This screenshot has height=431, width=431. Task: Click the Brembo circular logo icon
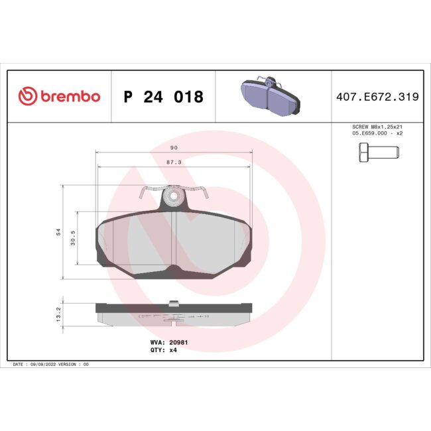(x=27, y=97)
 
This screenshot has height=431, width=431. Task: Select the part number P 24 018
(x=163, y=97)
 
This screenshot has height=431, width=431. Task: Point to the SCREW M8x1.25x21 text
(x=377, y=126)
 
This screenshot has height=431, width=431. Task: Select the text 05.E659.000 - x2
(x=377, y=133)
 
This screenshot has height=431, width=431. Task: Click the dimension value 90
(x=174, y=148)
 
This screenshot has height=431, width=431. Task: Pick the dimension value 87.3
(x=174, y=161)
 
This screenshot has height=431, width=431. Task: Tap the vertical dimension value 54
(x=58, y=232)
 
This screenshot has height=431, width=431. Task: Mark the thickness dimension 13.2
(x=58, y=313)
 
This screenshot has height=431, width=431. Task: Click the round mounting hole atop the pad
(x=174, y=196)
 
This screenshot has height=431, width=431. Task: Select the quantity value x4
(x=173, y=350)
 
